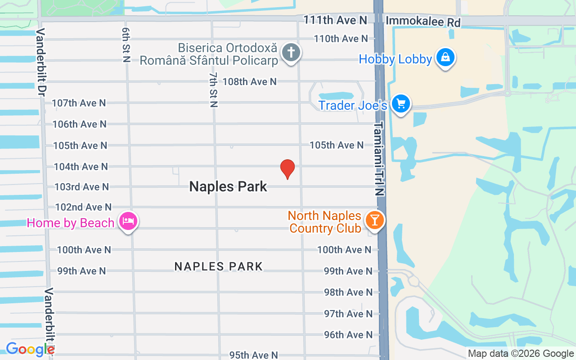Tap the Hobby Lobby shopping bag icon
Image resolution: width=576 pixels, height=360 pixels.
[445, 58]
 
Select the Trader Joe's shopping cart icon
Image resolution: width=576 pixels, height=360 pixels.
[400, 104]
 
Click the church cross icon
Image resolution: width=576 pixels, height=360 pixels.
[291, 52]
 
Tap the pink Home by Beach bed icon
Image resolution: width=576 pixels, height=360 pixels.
[128, 221]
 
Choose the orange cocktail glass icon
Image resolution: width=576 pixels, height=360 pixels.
[374, 220]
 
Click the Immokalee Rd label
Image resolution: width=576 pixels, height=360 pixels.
[423, 21]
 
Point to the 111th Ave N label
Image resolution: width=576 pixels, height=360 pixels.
[335, 20]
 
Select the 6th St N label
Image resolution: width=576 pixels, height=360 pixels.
[125, 44]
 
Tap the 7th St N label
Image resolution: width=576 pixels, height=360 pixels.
[213, 90]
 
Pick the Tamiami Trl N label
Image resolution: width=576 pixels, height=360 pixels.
[380, 158]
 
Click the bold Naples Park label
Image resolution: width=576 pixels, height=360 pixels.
[228, 186]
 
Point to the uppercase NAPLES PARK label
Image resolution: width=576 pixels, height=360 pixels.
[218, 266]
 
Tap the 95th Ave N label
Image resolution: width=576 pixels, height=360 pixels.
[254, 355]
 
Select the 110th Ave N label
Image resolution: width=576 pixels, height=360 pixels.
[341, 39]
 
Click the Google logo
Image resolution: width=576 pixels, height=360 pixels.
[30, 349]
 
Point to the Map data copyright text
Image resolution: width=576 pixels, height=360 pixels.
[521, 354]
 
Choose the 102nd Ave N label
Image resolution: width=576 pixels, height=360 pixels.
[83, 207]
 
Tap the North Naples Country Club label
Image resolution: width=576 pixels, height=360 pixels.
[324, 222]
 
